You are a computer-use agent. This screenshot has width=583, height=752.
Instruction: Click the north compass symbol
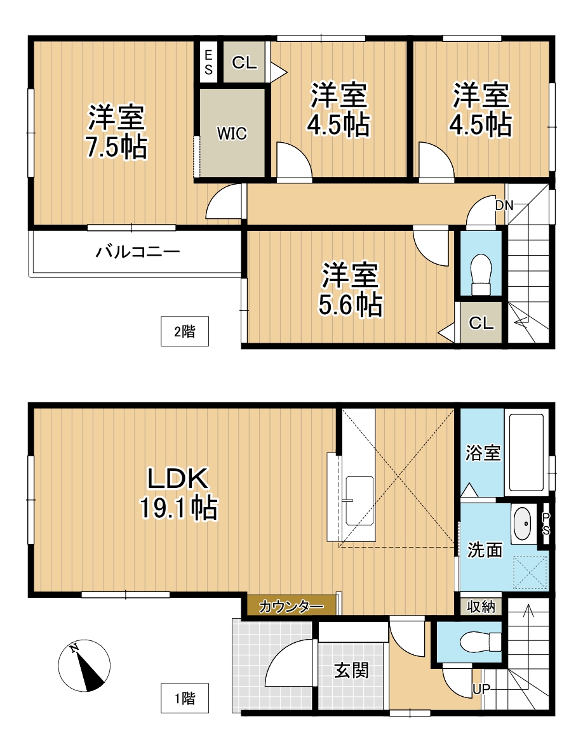[x=84, y=666]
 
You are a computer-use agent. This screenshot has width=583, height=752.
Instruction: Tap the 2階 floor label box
[x=184, y=331]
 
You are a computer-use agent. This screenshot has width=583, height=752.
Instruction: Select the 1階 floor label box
[x=184, y=699]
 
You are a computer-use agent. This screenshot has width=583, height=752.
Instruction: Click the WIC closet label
[x=232, y=134]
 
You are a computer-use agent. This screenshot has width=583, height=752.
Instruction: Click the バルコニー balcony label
[x=138, y=253]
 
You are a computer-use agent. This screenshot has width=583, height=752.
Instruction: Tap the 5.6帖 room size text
[x=350, y=305]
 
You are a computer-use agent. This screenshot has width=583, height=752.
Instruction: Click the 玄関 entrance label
[x=351, y=670]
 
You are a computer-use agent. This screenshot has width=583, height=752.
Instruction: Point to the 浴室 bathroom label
[x=483, y=453]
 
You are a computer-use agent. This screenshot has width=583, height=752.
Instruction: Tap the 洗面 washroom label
[x=485, y=550]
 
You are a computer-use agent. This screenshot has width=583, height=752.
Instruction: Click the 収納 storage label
[x=481, y=605]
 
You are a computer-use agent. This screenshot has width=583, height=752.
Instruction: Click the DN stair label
[x=504, y=205]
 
